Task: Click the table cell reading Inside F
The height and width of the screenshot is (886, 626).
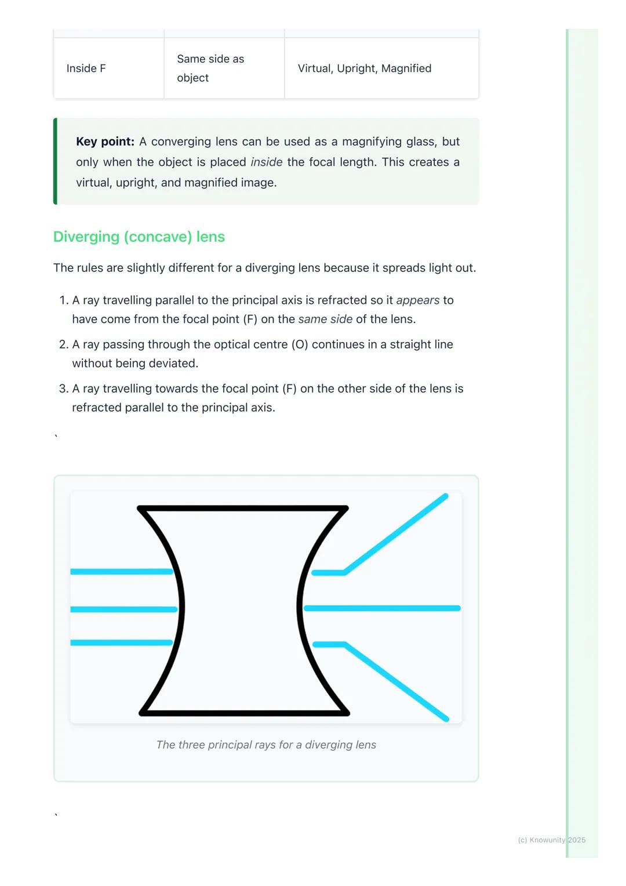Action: [x=86, y=68]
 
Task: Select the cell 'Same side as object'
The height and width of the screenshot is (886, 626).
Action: [x=210, y=68]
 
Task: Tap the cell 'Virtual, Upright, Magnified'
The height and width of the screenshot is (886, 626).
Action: [x=364, y=68]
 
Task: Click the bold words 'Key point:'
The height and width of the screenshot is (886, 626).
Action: [x=105, y=141]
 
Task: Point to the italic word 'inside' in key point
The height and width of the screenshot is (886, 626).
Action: [x=266, y=162]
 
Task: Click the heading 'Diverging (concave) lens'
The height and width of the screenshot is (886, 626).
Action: [x=139, y=237]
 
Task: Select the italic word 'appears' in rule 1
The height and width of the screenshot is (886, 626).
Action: [x=417, y=300]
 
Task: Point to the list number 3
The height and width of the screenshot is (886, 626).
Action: [x=64, y=388]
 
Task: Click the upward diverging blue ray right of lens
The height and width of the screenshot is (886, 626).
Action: [x=396, y=533]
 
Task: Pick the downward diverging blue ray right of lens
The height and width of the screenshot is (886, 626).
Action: [x=396, y=682]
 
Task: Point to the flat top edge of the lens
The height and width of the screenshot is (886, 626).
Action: [x=243, y=509]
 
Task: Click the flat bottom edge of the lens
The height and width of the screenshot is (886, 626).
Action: [x=244, y=713]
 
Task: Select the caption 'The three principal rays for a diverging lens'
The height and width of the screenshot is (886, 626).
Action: [x=266, y=745]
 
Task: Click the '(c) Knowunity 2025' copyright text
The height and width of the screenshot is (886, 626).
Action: [x=551, y=840]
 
